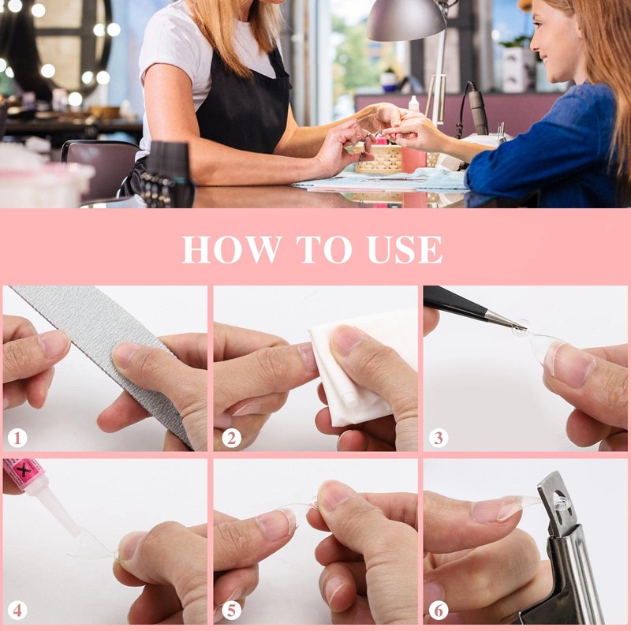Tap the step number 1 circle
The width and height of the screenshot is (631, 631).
[x=17, y=438]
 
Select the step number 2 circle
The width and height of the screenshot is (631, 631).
[x=230, y=438]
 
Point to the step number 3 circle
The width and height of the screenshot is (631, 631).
[x=439, y=438]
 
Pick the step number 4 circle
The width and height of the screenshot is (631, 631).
[x=17, y=610]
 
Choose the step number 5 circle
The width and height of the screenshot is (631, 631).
[x=230, y=610]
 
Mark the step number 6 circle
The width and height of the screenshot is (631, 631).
[x=439, y=610]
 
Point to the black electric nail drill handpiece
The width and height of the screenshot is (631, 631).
[x=478, y=110]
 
